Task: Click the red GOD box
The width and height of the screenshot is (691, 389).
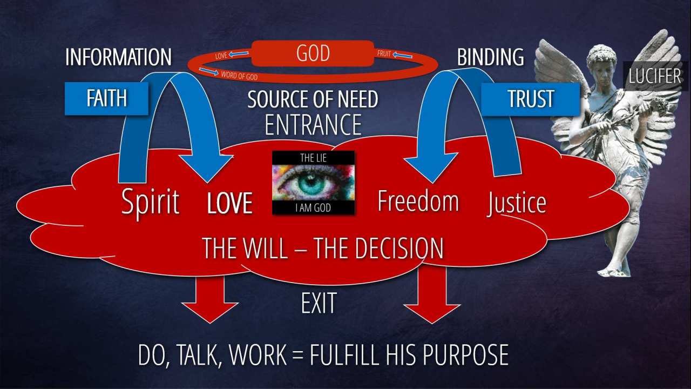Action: point(313,54)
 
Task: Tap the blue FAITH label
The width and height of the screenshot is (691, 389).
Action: point(106,98)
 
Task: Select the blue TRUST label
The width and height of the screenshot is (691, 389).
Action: point(531,99)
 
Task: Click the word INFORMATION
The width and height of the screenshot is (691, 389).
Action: point(118,57)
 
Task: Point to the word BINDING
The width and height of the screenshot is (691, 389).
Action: point(490,57)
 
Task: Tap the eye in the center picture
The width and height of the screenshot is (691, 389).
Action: point(313,184)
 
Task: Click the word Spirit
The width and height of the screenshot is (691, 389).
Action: point(150,202)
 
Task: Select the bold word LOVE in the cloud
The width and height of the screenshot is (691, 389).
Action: point(230,204)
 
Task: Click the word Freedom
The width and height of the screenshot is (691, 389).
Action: point(418,200)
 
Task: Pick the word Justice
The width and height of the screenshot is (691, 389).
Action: point(517,203)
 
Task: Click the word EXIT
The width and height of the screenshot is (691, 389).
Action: point(319,303)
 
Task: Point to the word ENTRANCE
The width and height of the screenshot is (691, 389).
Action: point(313,125)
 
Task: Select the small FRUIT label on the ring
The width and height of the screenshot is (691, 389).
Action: point(384,54)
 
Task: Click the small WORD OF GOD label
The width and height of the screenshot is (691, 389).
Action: point(239,76)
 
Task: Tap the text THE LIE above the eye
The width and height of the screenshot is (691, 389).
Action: point(313,158)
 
